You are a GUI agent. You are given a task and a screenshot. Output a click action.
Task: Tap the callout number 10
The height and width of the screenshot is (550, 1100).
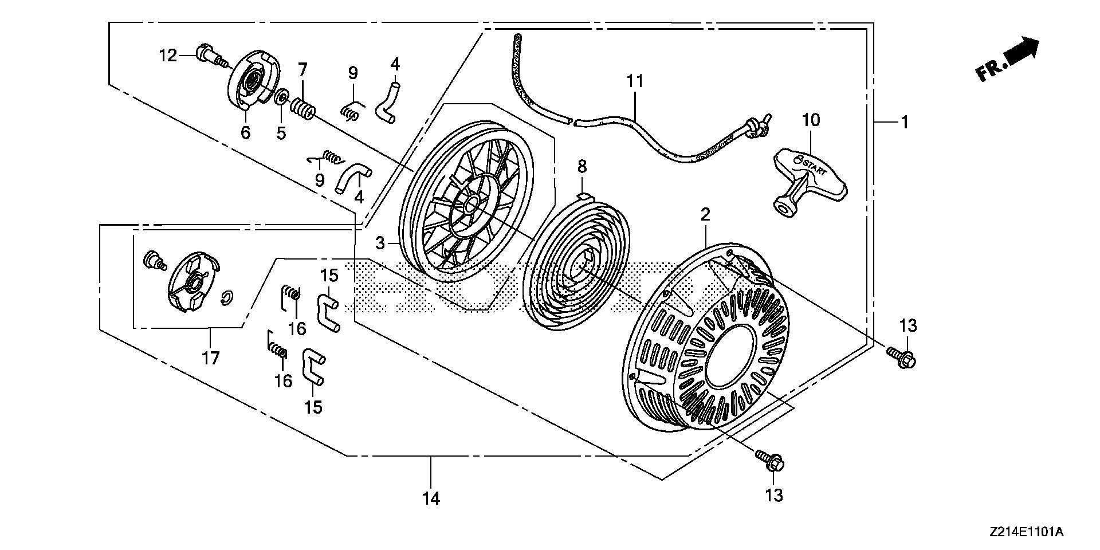(811, 120)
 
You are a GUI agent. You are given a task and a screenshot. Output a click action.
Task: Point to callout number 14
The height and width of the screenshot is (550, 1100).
(431, 498)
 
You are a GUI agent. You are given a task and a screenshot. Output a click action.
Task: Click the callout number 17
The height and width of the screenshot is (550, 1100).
(210, 359)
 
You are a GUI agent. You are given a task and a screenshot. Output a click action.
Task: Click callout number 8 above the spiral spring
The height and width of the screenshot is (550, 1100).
(582, 167)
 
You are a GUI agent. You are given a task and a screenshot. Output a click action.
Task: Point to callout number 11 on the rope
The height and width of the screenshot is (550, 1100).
(635, 81)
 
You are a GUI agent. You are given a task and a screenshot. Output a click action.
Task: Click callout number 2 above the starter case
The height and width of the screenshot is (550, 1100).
(705, 215)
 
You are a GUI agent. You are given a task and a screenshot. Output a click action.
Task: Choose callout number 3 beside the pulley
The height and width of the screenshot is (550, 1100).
(380, 243)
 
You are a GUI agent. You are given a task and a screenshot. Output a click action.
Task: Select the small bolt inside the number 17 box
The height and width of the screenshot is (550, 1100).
(154, 261)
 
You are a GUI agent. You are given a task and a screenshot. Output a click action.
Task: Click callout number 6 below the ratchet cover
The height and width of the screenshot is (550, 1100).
(245, 133)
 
